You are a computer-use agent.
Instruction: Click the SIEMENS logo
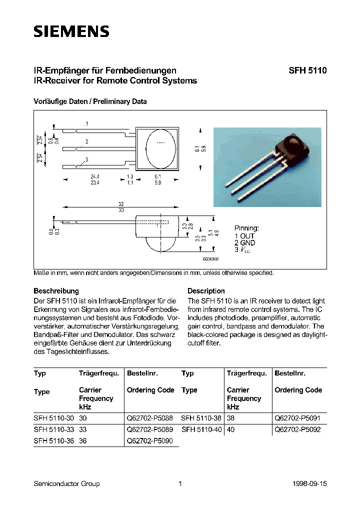(x=71, y=31)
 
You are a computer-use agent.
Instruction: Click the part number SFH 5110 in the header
(x=307, y=71)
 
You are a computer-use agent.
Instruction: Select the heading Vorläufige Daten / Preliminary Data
(x=90, y=101)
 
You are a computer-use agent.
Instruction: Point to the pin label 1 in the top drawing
(x=86, y=123)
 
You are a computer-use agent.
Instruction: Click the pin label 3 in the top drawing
(x=86, y=159)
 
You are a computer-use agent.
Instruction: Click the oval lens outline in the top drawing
(x=160, y=148)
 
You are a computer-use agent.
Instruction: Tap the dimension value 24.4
(x=94, y=177)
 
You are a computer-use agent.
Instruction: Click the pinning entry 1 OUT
(x=244, y=235)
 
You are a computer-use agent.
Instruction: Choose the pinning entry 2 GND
(x=245, y=242)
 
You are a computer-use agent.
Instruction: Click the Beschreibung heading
(x=56, y=290)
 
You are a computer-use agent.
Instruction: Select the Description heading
(x=206, y=290)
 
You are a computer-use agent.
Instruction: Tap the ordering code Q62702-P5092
(x=297, y=429)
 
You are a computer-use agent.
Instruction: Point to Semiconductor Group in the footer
(x=66, y=483)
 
